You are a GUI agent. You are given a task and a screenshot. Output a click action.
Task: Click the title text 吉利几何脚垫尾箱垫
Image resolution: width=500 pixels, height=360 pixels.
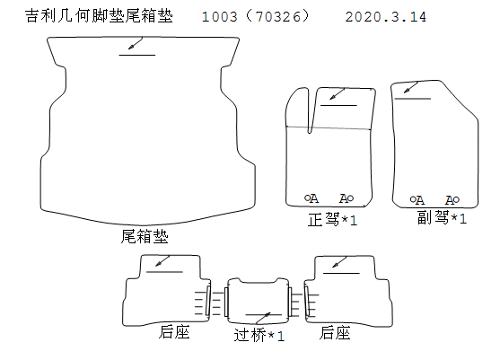(99, 16)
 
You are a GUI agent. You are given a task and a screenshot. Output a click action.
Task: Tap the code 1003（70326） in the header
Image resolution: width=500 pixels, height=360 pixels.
(256, 16)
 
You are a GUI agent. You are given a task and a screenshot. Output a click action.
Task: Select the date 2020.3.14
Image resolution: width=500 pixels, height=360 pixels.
(385, 17)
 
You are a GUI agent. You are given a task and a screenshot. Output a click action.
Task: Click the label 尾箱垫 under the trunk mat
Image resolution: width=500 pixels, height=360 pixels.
(145, 236)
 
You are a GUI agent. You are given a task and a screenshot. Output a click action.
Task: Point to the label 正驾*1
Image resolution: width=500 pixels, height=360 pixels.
(332, 219)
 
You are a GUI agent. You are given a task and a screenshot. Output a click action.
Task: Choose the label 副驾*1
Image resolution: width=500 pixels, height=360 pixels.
(442, 218)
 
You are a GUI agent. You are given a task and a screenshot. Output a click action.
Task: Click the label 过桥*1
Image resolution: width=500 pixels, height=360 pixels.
(259, 335)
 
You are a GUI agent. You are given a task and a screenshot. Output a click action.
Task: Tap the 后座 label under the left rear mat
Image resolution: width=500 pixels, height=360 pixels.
(174, 332)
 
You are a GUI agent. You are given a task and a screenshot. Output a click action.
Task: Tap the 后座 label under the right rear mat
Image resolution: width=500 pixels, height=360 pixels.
(335, 332)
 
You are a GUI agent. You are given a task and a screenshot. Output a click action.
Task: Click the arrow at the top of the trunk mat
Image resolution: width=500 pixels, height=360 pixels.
(136, 43)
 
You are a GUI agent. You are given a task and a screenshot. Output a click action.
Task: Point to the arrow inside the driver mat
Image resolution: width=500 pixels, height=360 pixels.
(337, 93)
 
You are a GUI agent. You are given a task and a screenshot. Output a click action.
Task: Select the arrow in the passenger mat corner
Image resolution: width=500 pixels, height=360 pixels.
(411, 87)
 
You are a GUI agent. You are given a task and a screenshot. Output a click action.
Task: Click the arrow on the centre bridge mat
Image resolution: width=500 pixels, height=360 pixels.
(263, 319)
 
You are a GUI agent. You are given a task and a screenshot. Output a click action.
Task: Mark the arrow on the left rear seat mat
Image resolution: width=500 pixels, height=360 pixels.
(162, 261)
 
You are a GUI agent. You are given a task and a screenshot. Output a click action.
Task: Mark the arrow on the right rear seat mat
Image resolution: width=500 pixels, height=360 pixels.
(339, 262)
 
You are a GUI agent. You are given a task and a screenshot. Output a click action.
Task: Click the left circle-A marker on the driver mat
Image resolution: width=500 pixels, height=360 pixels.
(311, 198)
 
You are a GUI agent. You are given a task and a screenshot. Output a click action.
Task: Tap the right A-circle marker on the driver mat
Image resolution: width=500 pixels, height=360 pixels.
(346, 198)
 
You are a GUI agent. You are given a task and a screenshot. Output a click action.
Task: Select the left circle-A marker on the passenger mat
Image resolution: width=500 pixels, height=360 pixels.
(417, 200)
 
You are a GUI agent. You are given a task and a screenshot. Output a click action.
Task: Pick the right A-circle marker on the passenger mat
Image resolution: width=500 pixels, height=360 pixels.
(452, 200)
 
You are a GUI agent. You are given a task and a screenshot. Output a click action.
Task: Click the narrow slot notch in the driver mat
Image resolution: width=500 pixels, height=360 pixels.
(311, 110)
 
